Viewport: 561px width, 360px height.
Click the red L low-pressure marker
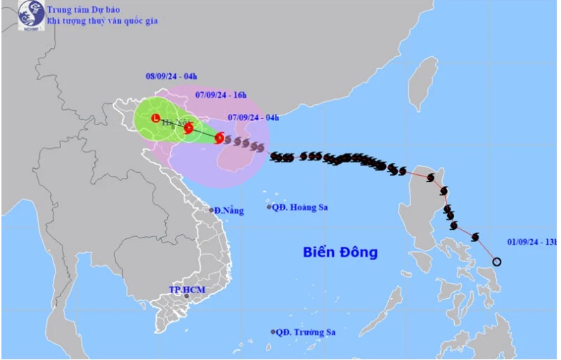155,119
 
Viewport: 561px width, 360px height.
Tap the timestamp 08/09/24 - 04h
167,76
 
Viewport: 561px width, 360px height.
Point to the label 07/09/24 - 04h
254,117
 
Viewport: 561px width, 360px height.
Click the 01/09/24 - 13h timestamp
531,243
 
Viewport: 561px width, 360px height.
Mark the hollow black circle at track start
497,262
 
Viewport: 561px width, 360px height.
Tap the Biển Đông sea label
340,252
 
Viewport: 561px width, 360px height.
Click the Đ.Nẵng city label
230,210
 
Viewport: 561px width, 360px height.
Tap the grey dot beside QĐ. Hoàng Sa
269,207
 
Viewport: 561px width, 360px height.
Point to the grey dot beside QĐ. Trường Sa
273,332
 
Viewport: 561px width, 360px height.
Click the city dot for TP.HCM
186,297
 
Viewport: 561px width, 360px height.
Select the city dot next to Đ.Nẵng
211,210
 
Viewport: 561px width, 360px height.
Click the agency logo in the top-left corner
30,15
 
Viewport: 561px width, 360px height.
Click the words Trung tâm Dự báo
82,8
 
